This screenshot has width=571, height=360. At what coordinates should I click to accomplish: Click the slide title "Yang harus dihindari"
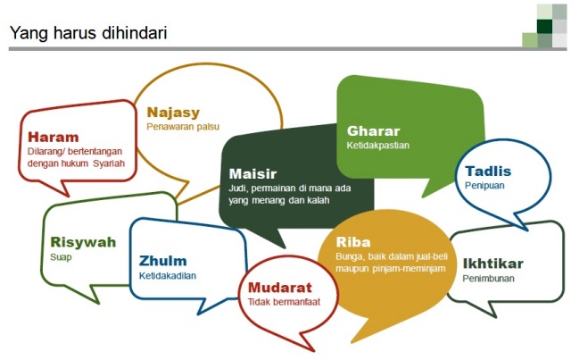(x=88, y=33)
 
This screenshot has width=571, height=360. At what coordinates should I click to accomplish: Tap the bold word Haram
(x=54, y=138)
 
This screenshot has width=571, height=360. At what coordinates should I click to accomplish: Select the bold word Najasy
(x=173, y=113)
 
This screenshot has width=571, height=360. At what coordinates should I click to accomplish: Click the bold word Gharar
(x=373, y=131)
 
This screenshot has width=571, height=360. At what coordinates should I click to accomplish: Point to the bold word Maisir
(x=252, y=173)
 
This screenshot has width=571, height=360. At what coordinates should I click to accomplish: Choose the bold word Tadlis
(x=488, y=171)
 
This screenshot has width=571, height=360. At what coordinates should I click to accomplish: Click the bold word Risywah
(x=83, y=242)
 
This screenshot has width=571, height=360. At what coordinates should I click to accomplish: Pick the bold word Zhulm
(x=162, y=261)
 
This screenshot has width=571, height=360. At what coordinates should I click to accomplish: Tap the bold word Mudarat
(x=280, y=288)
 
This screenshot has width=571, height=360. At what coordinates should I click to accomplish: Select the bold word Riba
(x=353, y=242)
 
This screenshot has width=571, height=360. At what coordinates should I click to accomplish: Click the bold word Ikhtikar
(x=493, y=264)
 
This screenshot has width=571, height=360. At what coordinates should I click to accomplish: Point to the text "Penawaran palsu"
(x=183, y=127)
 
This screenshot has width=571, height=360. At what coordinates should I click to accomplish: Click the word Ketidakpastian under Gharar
(x=378, y=146)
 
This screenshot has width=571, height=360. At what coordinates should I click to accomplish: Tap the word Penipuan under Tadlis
(x=484, y=185)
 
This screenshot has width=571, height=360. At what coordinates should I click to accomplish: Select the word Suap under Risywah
(x=61, y=257)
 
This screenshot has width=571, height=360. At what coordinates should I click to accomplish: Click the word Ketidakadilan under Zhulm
(x=168, y=275)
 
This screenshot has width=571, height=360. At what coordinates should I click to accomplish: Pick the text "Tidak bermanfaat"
(x=284, y=302)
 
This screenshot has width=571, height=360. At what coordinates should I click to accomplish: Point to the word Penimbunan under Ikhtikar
(x=488, y=279)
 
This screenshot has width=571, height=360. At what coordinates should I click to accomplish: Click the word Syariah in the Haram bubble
(x=109, y=163)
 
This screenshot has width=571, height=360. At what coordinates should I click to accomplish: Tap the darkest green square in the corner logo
(x=544, y=26)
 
